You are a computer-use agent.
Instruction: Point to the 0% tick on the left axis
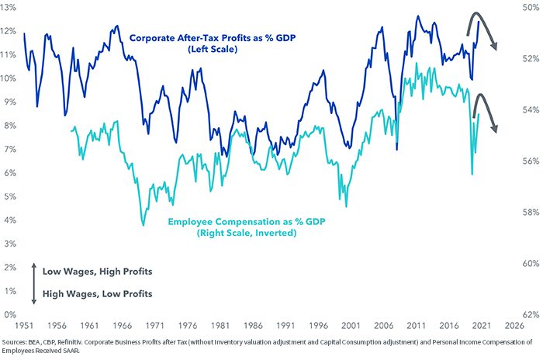[x=9, y=314]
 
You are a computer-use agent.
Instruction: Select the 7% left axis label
[x=9, y=149]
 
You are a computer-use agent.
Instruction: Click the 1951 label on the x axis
[x=25, y=326]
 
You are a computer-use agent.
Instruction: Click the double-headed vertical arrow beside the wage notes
[x=33, y=282]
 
